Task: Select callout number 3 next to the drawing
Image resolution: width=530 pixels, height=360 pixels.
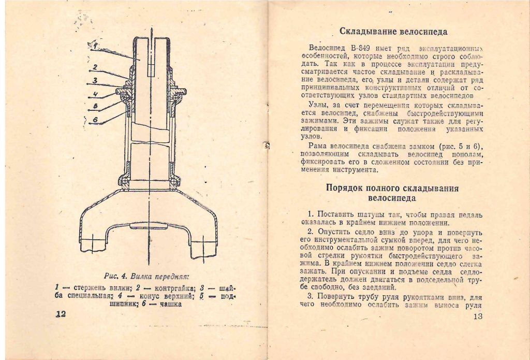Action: tap(95, 81)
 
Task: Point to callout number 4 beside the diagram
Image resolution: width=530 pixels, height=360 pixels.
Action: tap(95, 94)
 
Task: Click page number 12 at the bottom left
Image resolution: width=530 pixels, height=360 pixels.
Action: tap(60, 314)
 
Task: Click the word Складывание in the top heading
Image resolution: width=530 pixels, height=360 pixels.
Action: tap(369, 32)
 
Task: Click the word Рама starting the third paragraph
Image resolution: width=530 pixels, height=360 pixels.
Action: tap(317, 147)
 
